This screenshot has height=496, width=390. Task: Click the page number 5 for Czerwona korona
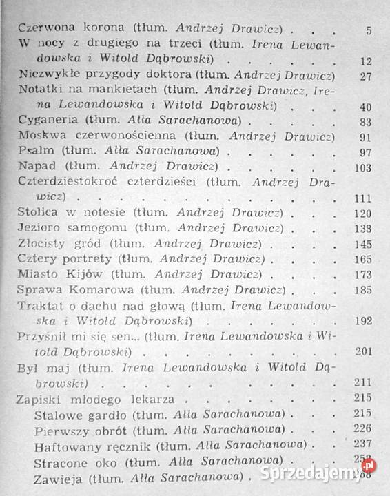(369, 30)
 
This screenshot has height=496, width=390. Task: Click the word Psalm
(33, 152)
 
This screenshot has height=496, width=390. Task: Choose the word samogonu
(97, 227)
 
